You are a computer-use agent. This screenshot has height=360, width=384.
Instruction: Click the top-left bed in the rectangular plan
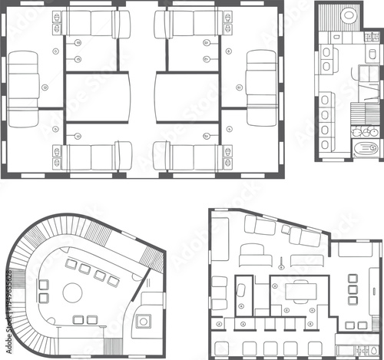tap(91, 23)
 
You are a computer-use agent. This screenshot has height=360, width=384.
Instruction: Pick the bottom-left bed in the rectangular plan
tap(91, 157)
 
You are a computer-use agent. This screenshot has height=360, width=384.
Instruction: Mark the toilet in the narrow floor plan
tap(327, 52)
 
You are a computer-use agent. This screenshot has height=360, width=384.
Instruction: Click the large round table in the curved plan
tap(73, 292)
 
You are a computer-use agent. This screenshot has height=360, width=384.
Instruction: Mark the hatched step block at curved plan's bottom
tap(112, 344)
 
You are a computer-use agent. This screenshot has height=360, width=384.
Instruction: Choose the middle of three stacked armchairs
tap(353, 290)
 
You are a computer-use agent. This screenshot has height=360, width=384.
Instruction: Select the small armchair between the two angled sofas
tap(286, 229)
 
